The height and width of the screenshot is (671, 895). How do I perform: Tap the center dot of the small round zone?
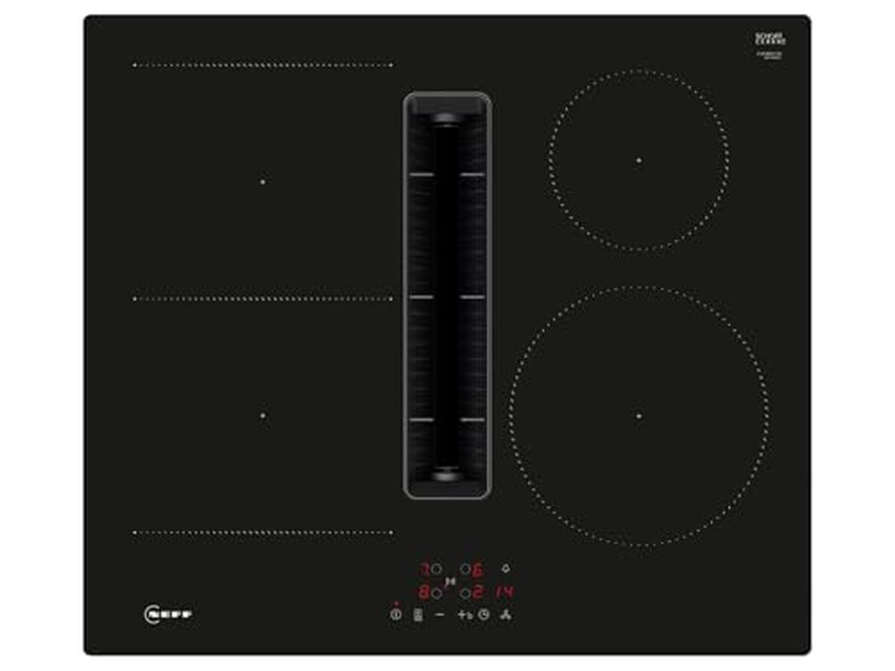coord(639,160)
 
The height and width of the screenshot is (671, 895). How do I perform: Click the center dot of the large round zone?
coord(639,415)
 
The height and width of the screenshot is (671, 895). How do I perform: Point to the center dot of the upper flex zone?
coord(263,181)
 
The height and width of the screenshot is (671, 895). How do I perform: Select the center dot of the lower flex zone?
coord(263,415)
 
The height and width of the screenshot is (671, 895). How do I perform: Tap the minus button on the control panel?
coord(439,615)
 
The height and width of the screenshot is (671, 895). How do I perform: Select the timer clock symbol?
coord(484,615)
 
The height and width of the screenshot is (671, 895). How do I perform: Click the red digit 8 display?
coord(423,593)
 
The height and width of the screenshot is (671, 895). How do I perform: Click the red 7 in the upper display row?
coord(423,570)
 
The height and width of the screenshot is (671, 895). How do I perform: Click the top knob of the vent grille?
coord(446,117)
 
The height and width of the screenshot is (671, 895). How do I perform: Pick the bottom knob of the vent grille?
coord(446,470)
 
